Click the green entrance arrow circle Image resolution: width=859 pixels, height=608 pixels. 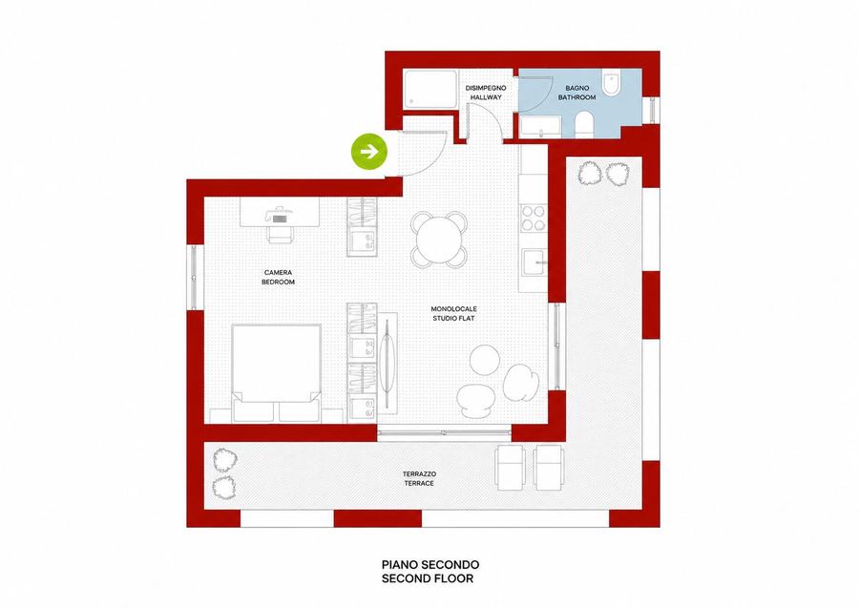[369, 151]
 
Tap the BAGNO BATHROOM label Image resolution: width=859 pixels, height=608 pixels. [576, 93]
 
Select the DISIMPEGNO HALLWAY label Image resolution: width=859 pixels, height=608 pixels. [486, 93]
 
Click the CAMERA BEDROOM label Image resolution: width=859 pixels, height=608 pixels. [278, 277]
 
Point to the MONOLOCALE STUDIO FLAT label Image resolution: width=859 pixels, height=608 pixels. [453, 313]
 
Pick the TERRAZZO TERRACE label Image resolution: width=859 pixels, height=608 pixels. [419, 478]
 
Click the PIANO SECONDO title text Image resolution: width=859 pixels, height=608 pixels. [430, 564]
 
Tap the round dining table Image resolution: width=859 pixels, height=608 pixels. [439, 240]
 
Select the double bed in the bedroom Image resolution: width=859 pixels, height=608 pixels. [276, 373]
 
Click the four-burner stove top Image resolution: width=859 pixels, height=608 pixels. [533, 218]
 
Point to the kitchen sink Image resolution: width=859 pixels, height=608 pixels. [534, 262]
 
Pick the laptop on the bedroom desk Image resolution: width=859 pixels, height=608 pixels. [280, 216]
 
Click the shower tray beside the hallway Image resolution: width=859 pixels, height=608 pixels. [429, 89]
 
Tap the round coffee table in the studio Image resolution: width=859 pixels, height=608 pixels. [485, 360]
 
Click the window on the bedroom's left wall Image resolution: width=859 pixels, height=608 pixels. [195, 278]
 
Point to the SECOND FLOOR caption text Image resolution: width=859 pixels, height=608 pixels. [428, 577]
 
